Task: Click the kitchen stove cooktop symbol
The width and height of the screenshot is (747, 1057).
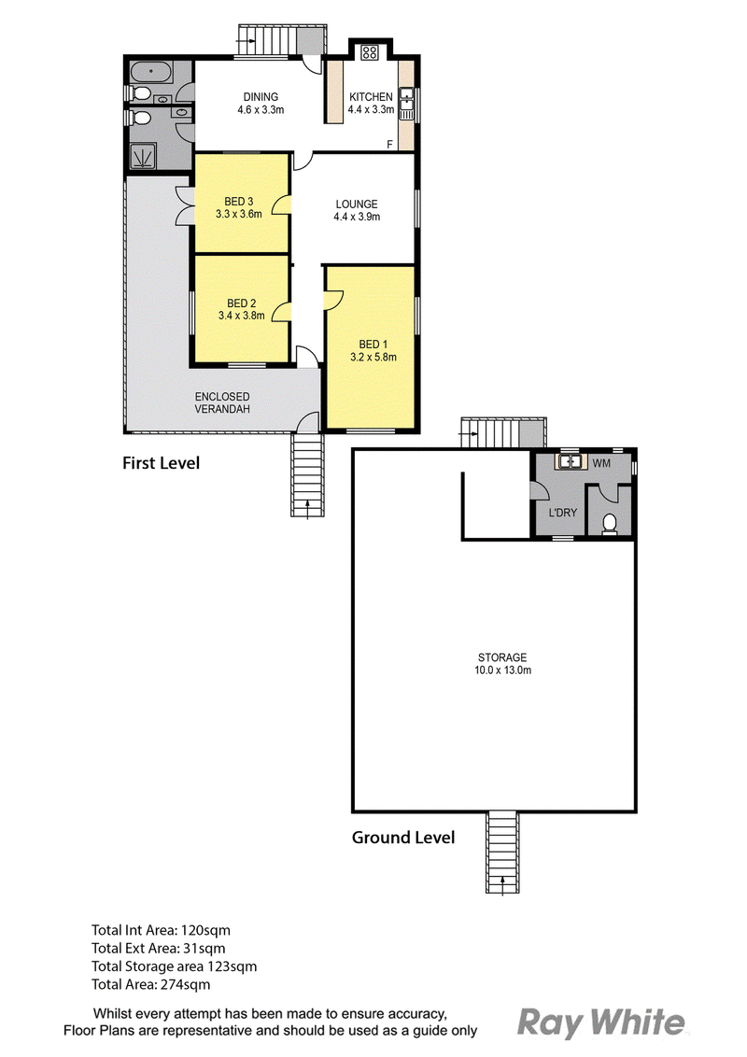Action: point(369,52)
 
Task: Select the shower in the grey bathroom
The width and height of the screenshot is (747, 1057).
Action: point(142,156)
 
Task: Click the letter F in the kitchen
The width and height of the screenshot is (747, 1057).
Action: point(389,144)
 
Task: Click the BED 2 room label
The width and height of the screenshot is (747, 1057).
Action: point(241,303)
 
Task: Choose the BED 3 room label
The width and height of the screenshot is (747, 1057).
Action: point(239,202)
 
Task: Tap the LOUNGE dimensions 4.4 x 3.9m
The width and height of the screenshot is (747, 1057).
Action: point(357,217)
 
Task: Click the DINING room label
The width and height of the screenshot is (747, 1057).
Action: point(261,97)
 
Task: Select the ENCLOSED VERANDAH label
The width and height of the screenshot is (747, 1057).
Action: point(222,403)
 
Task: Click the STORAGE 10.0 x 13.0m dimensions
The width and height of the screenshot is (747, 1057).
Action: point(502,670)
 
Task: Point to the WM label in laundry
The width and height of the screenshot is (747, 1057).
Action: point(601,463)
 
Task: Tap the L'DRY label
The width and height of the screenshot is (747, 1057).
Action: point(562,513)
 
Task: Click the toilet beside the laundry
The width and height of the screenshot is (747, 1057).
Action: point(610,524)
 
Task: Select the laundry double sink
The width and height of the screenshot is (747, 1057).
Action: point(570,461)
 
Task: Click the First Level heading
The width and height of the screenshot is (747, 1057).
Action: point(162,463)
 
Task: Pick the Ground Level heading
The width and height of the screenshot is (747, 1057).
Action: point(403,838)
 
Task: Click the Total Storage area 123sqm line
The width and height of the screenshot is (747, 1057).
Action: point(174,966)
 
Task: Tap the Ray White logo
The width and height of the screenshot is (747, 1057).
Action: point(601,1022)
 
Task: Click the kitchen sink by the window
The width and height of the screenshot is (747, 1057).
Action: point(406,104)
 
